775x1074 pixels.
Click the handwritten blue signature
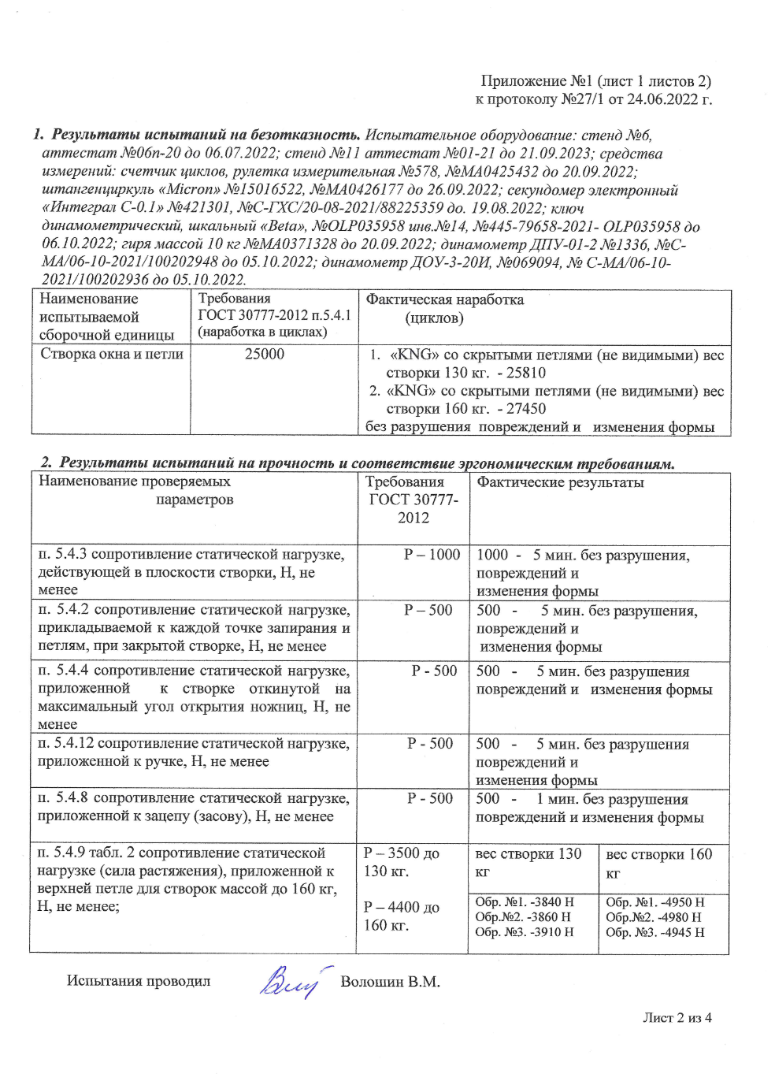coord(290,983)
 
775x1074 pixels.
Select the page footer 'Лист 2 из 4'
coord(677,1017)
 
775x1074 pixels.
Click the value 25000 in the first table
coord(265,354)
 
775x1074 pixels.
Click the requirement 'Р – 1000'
coord(432,555)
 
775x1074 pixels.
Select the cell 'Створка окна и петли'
coord(112,354)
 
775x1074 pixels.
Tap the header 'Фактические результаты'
coord(560,482)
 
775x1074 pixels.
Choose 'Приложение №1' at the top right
coord(536,80)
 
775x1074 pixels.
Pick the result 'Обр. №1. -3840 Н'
coord(525,902)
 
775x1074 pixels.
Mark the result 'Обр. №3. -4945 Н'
coord(654,932)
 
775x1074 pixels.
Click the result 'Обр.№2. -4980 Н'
coord(653,917)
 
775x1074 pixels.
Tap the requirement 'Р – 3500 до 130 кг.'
coord(402,862)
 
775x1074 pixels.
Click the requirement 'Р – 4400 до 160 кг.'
coord(402,916)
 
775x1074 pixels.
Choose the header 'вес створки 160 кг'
coord(658,863)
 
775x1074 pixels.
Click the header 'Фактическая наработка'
coord(444,299)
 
